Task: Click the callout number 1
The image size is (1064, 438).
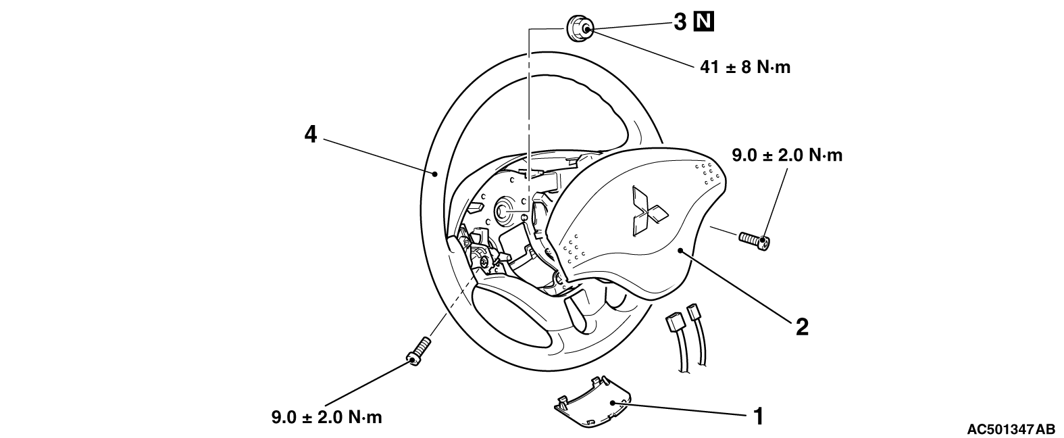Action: [x=759, y=416]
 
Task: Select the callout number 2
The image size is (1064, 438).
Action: [x=803, y=327]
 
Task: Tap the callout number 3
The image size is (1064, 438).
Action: [x=680, y=22]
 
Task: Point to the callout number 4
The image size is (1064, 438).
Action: [x=310, y=135]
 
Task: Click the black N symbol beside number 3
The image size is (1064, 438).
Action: [x=704, y=22]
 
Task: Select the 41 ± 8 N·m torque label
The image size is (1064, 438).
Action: [x=745, y=67]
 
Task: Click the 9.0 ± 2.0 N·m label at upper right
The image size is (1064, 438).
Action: [x=787, y=155]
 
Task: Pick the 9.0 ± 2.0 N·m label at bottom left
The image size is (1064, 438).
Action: [x=327, y=417]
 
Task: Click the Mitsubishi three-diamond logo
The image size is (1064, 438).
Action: [x=647, y=211]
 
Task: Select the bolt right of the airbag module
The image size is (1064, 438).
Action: [x=755, y=241]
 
